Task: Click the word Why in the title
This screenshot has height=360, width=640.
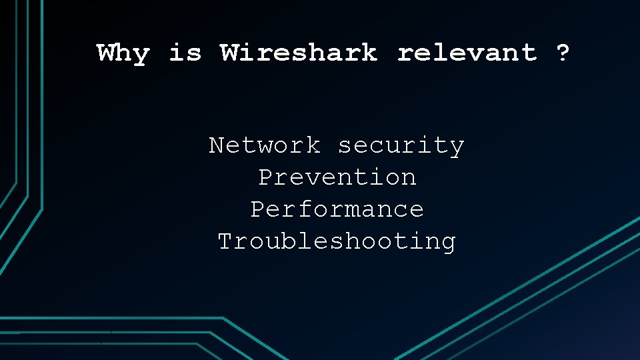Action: (123, 53)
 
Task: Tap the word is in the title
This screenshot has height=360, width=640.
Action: (185, 53)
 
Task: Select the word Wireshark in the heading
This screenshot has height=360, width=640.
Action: (299, 53)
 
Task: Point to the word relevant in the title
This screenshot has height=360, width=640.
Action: (467, 53)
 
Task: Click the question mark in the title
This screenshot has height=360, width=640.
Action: (563, 53)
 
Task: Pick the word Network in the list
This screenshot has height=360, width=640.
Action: (265, 145)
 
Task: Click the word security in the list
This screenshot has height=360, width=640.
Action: (401, 145)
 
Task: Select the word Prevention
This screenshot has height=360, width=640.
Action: (337, 177)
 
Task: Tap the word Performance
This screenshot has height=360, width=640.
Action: (337, 209)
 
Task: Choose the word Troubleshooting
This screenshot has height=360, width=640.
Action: (337, 241)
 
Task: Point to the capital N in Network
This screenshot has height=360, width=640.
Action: (217, 145)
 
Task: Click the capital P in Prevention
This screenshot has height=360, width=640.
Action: (265, 177)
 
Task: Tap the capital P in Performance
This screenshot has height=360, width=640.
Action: (257, 209)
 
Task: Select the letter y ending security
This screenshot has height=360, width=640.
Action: (457, 147)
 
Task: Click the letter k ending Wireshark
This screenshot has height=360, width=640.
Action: (369, 53)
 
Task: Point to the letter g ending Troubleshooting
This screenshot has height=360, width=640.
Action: (449, 243)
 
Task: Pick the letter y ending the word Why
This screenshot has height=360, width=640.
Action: (141, 55)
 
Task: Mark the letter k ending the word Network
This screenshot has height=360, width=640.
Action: (313, 145)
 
